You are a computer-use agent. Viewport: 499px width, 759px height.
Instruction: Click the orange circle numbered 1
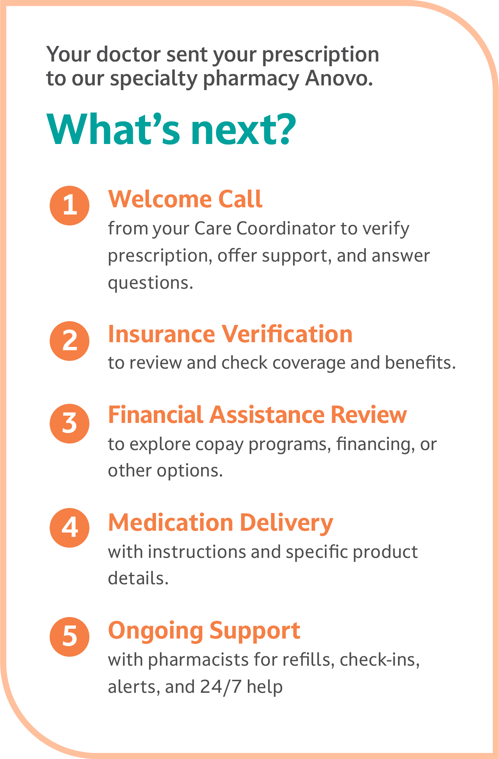click(69, 205)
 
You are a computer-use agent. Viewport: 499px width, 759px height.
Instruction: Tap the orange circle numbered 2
click(69, 341)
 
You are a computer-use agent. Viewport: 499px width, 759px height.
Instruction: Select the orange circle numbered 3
click(69, 424)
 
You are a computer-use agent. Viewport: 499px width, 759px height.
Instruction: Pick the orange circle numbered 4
click(69, 527)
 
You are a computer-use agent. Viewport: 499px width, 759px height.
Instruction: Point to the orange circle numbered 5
click(69, 637)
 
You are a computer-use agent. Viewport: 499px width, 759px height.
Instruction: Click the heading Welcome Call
click(185, 199)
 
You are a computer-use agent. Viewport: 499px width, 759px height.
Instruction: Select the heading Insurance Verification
click(231, 334)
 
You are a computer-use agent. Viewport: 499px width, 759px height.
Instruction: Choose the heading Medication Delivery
click(221, 523)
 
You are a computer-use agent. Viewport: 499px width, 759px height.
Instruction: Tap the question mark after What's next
click(283, 130)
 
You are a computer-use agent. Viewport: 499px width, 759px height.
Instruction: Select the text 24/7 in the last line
click(220, 686)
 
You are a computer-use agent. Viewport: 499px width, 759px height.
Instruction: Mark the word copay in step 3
click(220, 445)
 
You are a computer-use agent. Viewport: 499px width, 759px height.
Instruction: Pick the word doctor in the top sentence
click(129, 54)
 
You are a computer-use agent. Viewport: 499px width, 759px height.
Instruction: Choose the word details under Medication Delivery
click(138, 578)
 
